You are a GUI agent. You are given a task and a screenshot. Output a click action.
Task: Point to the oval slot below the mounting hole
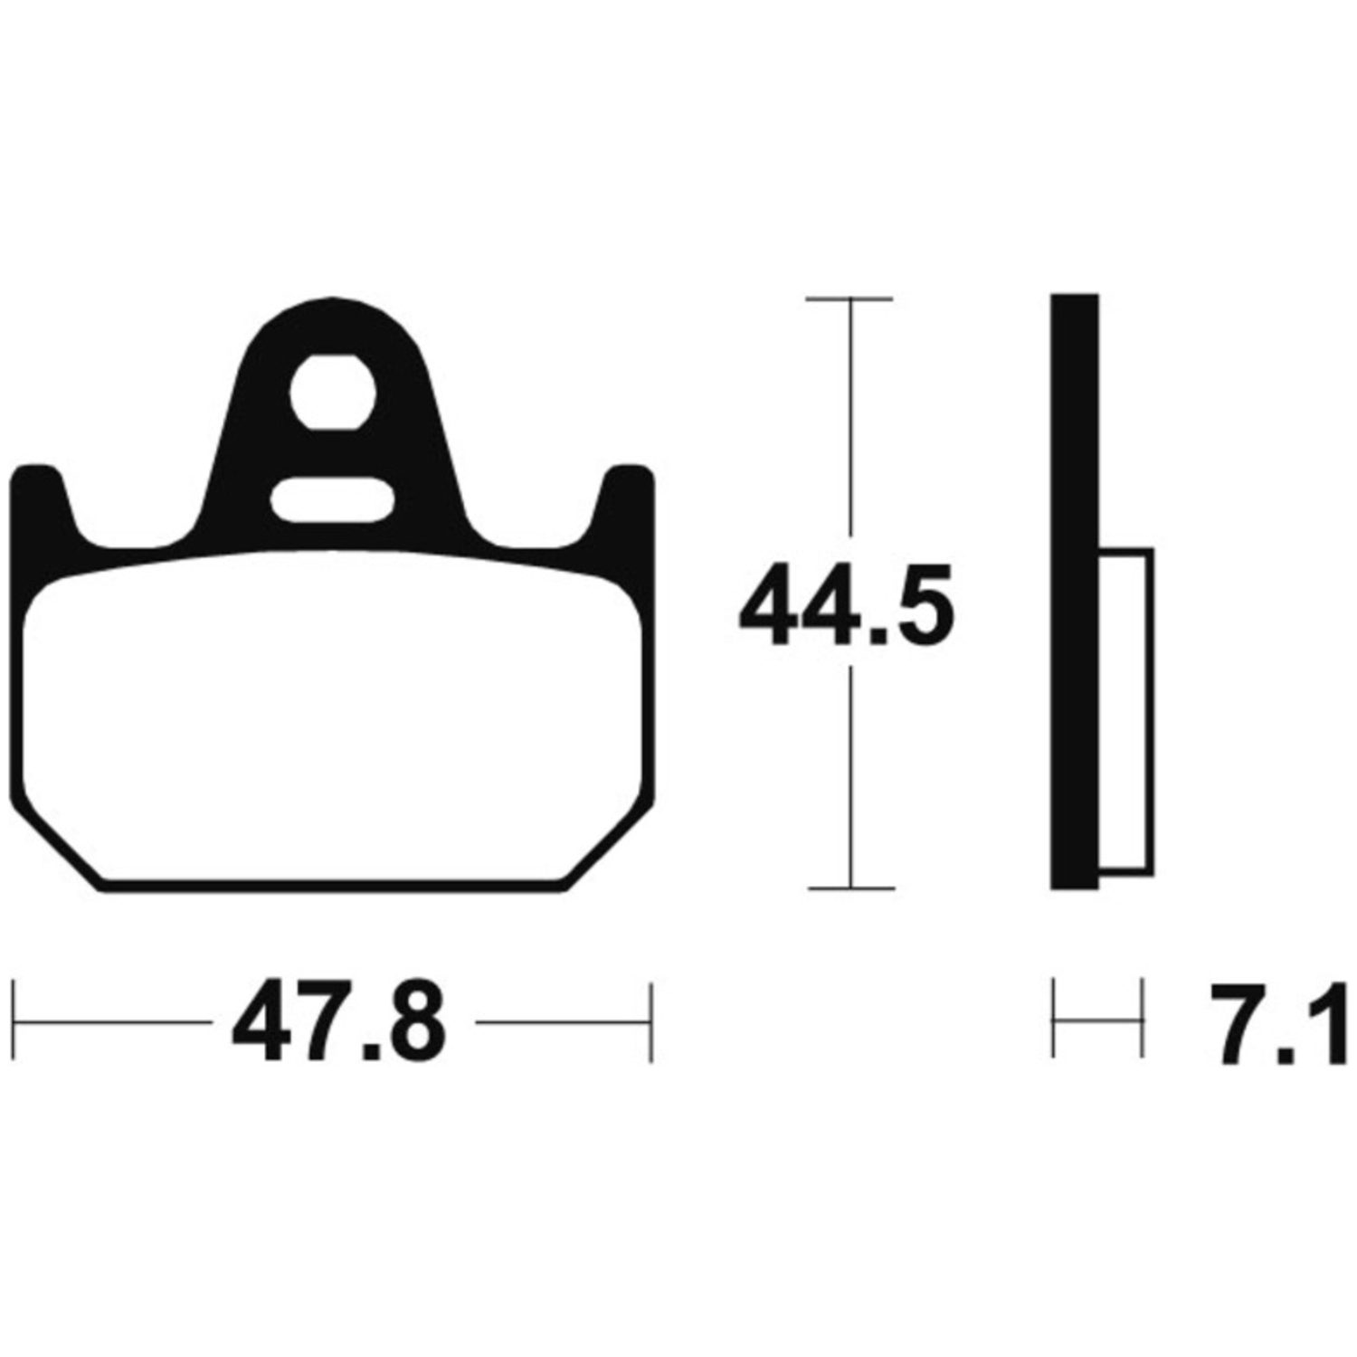tap(332, 500)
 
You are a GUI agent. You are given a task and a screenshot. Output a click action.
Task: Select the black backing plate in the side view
tap(1075, 592)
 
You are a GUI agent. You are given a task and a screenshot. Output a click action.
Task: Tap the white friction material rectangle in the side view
tap(1125, 710)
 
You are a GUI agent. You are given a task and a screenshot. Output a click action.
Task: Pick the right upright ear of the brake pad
tap(624, 507)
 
